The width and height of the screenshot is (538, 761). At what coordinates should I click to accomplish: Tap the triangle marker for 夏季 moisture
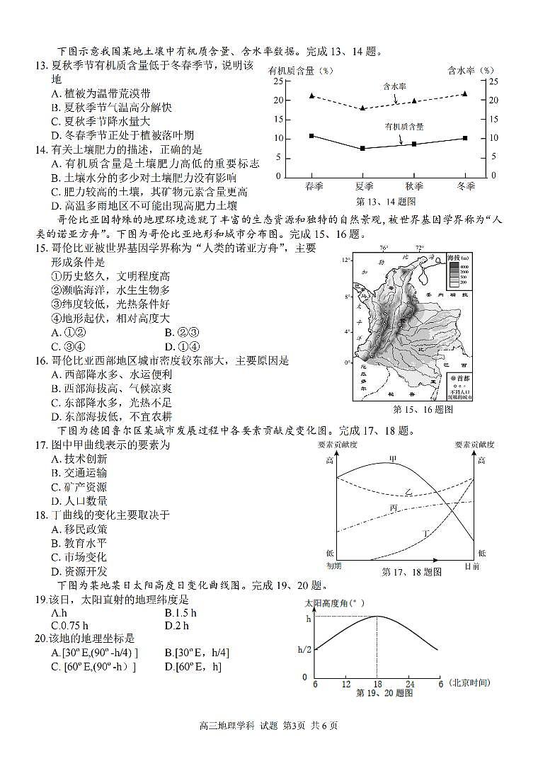pos(362,108)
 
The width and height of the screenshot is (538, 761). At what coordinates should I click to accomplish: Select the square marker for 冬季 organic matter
pos(464,138)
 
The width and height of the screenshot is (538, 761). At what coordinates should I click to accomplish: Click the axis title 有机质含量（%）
pos(300,70)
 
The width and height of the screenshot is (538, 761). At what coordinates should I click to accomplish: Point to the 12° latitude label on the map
pos(346,261)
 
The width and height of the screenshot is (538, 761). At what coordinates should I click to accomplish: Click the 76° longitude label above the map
pos(384,248)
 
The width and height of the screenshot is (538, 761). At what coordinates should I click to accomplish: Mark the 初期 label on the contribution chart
pos(333,566)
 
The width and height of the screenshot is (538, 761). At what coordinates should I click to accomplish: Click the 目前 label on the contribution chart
pos(472,566)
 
